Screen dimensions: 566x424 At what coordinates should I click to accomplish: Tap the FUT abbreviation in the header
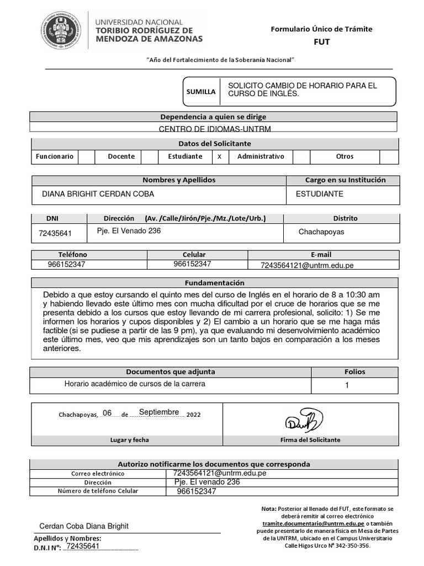pos(321,41)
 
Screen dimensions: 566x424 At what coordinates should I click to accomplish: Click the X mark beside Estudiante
pos(219,156)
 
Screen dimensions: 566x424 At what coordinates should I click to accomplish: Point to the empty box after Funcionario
pos(86,156)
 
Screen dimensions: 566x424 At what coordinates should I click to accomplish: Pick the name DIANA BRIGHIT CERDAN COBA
pos(98,194)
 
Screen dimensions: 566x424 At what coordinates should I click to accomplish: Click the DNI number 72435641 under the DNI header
pos(55,233)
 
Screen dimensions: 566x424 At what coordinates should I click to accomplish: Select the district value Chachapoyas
pos(321,232)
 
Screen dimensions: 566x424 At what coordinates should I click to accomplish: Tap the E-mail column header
pos(321,254)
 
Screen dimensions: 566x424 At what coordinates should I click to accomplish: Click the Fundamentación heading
pos(214,282)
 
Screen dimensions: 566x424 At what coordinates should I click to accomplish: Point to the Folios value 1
pos(347,385)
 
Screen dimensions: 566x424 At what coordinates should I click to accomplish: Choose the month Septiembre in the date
pos(159,412)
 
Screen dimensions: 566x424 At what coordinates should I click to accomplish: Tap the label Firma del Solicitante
pos(310,440)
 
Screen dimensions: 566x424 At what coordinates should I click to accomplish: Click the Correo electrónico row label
pos(98,474)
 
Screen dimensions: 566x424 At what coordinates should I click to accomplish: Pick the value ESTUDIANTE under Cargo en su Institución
pos(320,194)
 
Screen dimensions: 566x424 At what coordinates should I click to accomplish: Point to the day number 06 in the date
pos(107,413)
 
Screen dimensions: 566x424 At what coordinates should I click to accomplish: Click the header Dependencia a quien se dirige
pos(213,117)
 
